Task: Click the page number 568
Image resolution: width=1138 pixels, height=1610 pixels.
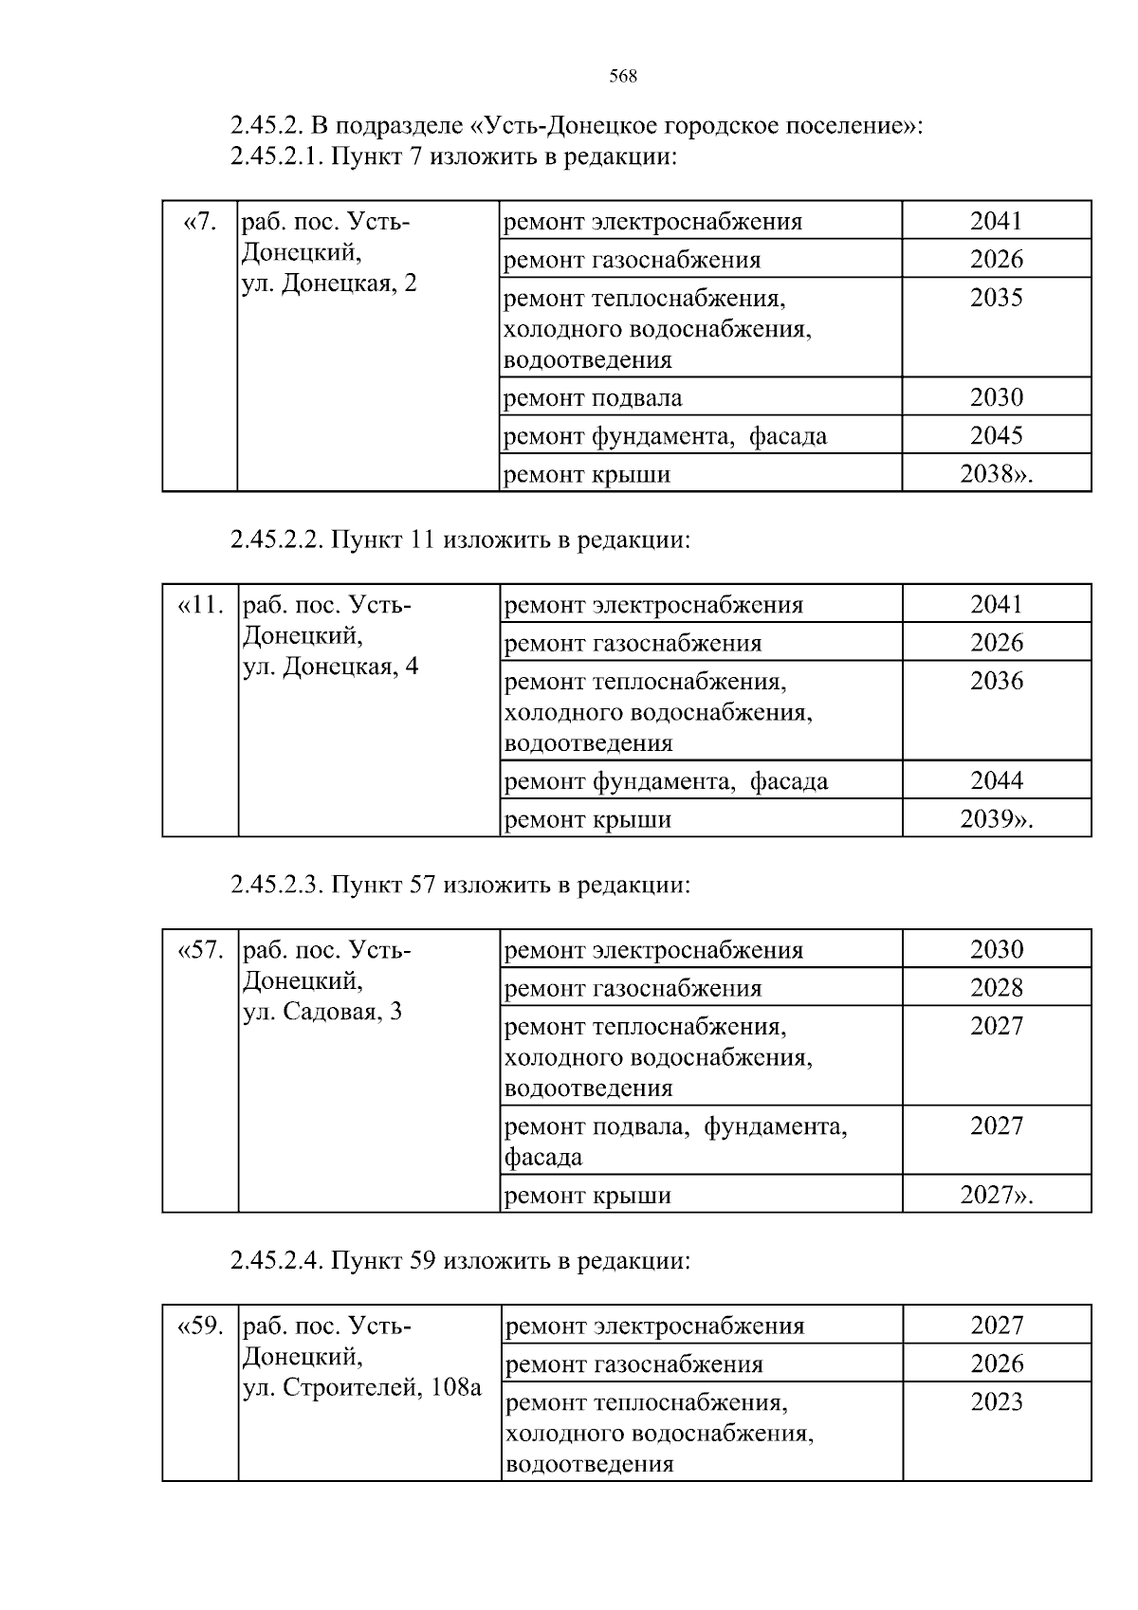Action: pyautogui.click(x=623, y=77)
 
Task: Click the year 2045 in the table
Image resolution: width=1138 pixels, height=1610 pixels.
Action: pyautogui.click(x=997, y=435)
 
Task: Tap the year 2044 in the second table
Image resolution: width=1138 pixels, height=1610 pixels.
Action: pyautogui.click(x=997, y=780)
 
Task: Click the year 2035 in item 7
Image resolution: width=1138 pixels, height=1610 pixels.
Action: pyautogui.click(x=997, y=299)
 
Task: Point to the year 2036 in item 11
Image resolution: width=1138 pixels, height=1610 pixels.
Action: pyautogui.click(x=997, y=682)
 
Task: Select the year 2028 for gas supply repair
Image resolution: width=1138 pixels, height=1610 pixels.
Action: pyautogui.click(x=997, y=988)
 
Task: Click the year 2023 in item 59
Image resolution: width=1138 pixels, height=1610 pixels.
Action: pyautogui.click(x=997, y=1402)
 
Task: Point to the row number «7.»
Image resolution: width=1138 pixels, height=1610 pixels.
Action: pyautogui.click(x=200, y=222)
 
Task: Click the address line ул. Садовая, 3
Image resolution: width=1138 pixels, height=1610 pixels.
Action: pyautogui.click(x=323, y=1012)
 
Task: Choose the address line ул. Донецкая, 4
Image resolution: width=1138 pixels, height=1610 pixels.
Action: pyautogui.click(x=331, y=667)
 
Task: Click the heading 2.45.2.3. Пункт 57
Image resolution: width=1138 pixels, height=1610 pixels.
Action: pyautogui.click(x=460, y=886)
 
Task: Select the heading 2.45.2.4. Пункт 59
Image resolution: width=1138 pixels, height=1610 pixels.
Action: pyautogui.click(x=460, y=1261)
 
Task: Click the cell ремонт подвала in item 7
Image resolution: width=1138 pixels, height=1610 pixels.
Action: pyautogui.click(x=593, y=397)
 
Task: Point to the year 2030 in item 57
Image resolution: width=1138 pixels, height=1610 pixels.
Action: pyautogui.click(x=997, y=950)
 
